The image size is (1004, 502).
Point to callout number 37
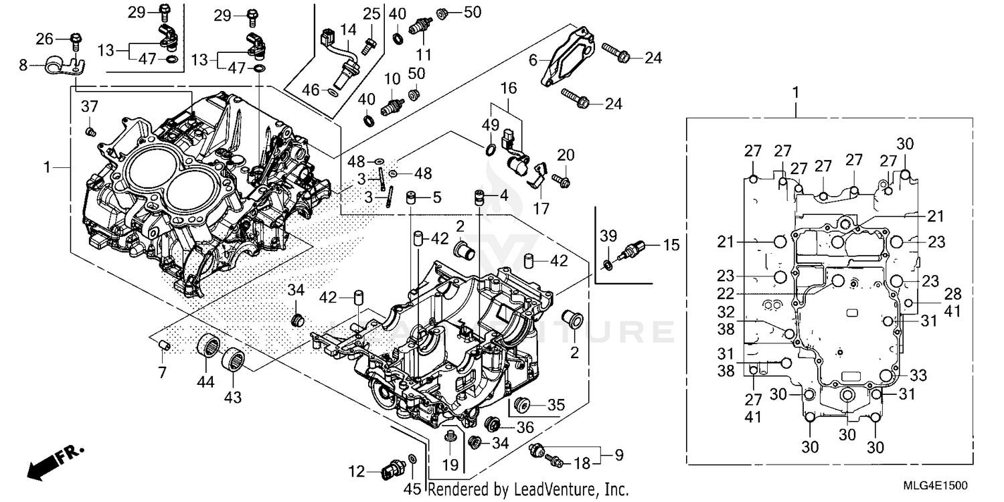(x=90, y=106)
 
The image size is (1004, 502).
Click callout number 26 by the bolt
(x=45, y=39)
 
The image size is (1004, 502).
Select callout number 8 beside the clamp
(x=23, y=66)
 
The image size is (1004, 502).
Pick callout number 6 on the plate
(x=533, y=60)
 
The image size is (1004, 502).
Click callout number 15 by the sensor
(x=671, y=246)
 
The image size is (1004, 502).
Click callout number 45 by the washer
(x=412, y=489)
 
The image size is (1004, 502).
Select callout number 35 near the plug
(x=556, y=404)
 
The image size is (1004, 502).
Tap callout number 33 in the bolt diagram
(x=917, y=375)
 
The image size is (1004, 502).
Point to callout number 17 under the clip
(x=541, y=209)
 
